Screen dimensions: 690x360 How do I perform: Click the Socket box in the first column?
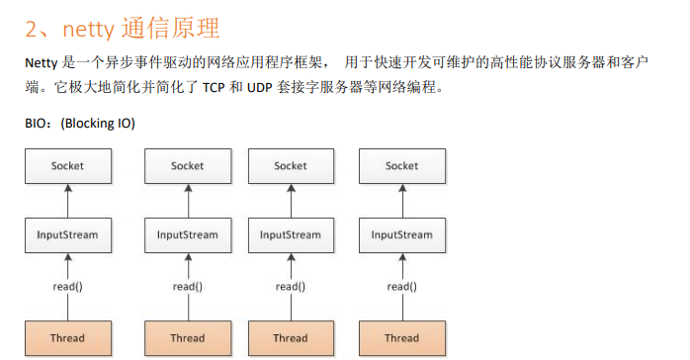coord(67,166)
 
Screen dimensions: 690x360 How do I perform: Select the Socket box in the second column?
coord(187,166)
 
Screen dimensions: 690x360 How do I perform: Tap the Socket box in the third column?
coord(291,166)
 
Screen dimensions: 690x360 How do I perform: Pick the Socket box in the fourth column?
coord(401,166)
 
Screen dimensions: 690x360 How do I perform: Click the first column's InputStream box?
coord(67,235)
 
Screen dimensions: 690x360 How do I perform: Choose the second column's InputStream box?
coord(187,235)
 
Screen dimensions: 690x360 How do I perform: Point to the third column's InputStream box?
coord(291,235)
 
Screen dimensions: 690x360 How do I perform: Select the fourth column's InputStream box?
coord(401,235)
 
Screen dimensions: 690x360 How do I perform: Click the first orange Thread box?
coord(67,337)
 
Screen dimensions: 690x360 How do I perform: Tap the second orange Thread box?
coord(187,337)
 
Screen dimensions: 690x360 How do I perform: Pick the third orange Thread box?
coord(291,337)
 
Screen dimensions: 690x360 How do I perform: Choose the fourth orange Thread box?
coord(401,337)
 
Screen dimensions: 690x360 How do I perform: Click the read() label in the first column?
coord(67,287)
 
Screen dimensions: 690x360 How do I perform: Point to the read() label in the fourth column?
coord(401,287)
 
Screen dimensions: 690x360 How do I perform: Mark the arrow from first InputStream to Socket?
coord(67,201)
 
